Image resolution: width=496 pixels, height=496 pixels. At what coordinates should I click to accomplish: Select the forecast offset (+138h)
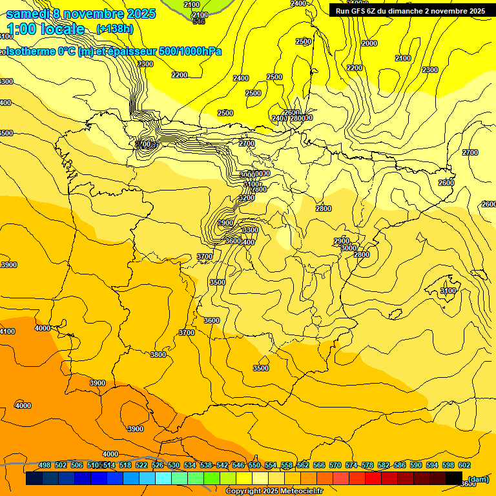[x=115, y=28]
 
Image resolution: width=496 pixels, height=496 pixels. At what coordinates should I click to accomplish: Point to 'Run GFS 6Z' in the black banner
[x=357, y=11]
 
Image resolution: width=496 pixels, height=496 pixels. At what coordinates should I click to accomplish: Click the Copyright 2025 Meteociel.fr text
[x=274, y=491]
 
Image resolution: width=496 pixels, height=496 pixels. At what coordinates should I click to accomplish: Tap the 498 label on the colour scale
[x=45, y=465]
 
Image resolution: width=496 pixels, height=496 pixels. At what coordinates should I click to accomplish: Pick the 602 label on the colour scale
[x=464, y=465]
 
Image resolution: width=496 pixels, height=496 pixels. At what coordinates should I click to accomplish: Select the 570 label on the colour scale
[x=335, y=465]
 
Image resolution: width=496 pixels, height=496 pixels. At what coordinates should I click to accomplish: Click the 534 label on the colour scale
[x=190, y=465]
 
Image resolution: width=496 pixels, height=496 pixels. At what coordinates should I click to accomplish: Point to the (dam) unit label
[x=479, y=479]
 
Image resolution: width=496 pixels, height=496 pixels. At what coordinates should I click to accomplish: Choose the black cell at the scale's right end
[x=454, y=479]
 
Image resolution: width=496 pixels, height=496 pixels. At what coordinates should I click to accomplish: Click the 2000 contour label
[x=369, y=43]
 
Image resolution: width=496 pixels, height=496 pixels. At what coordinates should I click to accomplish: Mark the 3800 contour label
[x=158, y=355]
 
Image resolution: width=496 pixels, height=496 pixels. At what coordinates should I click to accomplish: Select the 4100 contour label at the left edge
[x=6, y=331]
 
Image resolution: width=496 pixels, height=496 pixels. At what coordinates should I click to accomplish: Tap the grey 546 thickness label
[x=199, y=22]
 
